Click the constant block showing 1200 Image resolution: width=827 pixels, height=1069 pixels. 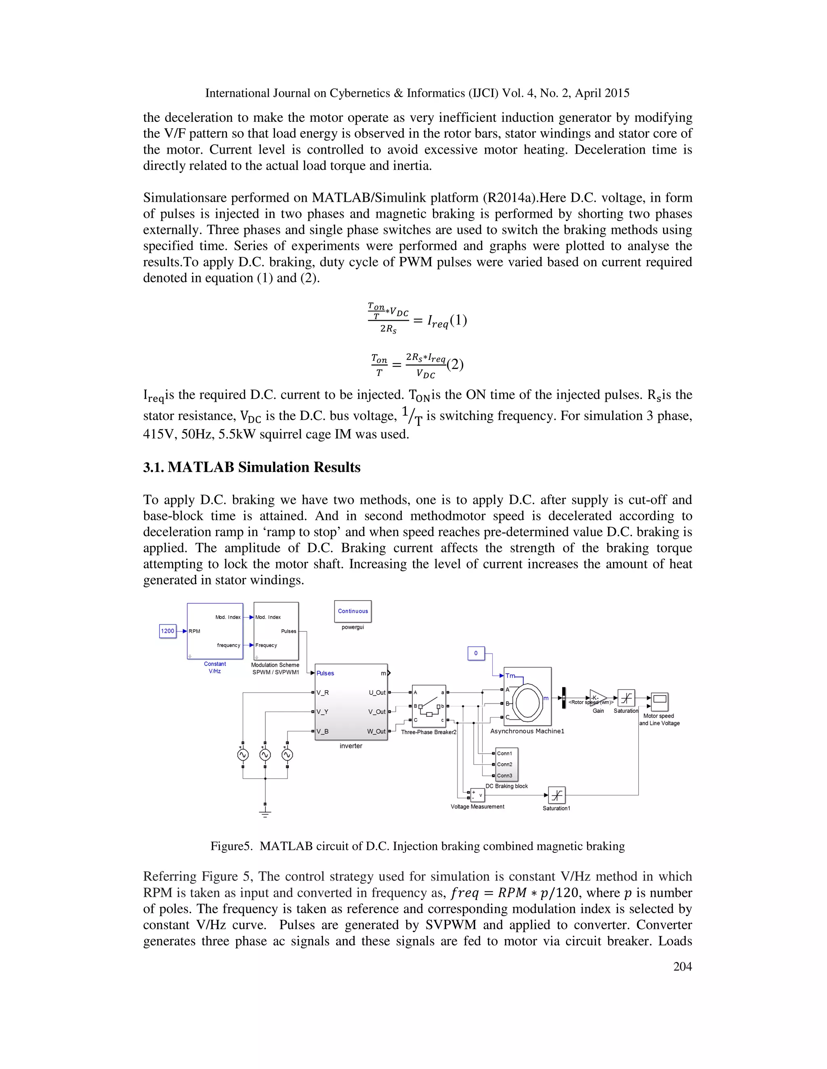168,631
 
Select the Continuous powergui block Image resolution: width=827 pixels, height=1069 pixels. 353,611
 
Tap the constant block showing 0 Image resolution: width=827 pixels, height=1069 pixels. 476,653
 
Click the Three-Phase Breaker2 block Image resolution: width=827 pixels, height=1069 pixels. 429,706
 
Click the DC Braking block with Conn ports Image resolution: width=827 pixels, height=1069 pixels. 507,764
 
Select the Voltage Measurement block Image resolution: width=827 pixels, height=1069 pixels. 477,795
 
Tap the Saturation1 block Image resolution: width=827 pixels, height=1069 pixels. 556,795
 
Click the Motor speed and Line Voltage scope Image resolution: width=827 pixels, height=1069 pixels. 659,701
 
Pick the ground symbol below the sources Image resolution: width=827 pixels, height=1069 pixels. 265,813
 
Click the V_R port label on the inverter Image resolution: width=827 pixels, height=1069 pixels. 323,693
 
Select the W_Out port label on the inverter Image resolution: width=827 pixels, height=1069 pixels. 376,731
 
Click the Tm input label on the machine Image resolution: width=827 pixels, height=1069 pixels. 510,675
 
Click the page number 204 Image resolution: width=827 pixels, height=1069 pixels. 682,966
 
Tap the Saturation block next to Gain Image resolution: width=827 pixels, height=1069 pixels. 626,698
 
